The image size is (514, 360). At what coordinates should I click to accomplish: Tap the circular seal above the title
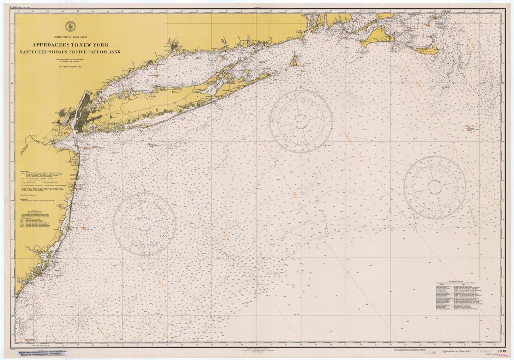point(70,28)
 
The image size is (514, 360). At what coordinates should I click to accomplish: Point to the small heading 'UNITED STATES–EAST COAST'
point(70,37)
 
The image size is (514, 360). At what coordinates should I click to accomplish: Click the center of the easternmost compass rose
point(435,187)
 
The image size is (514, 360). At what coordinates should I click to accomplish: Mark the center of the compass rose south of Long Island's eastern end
point(300,121)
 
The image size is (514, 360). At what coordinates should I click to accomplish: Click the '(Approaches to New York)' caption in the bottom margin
point(462,351)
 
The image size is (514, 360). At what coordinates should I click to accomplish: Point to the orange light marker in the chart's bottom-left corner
point(27,340)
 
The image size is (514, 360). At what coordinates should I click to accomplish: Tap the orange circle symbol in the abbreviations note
point(23,181)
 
